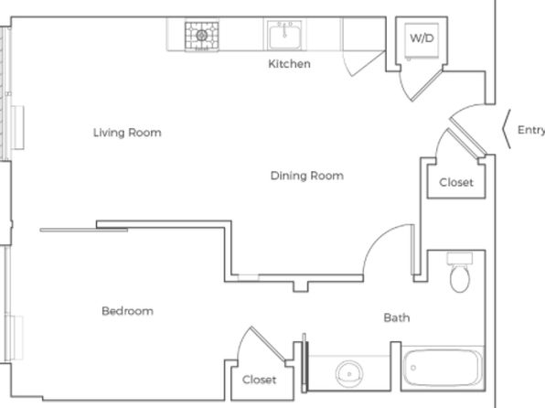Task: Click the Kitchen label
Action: tap(289, 64)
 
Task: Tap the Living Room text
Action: tap(127, 133)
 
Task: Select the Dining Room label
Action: tap(306, 176)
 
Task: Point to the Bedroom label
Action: tap(127, 311)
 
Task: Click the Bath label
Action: tap(396, 317)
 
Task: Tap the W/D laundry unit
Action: tap(421, 39)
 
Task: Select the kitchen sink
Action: tap(284, 36)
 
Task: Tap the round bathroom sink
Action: tap(347, 373)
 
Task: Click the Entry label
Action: tap(530, 130)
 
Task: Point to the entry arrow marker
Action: tap(505, 130)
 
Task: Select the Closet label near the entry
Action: tap(456, 182)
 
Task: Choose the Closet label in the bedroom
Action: tap(259, 379)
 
